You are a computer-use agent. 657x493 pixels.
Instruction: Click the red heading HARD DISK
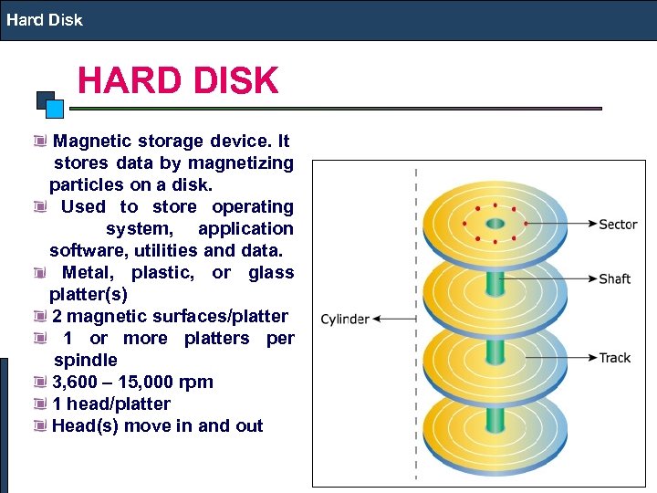178,81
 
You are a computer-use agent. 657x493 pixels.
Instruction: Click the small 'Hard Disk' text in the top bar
43,19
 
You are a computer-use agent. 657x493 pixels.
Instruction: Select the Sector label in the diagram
618,225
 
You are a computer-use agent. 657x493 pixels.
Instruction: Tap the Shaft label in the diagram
614,278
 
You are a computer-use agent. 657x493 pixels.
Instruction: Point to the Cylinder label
345,320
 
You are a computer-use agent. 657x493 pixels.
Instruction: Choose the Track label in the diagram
614,358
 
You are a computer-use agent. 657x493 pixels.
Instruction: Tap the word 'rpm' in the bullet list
196,382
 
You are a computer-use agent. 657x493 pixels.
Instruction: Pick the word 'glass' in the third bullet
271,272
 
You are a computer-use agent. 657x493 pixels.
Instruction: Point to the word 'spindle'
86,360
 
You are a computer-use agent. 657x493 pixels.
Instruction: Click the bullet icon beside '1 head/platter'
39,404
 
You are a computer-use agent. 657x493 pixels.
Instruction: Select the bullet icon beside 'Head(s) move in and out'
39,425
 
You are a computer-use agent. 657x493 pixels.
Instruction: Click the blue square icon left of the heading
54,109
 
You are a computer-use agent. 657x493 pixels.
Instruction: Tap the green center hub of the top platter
495,224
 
